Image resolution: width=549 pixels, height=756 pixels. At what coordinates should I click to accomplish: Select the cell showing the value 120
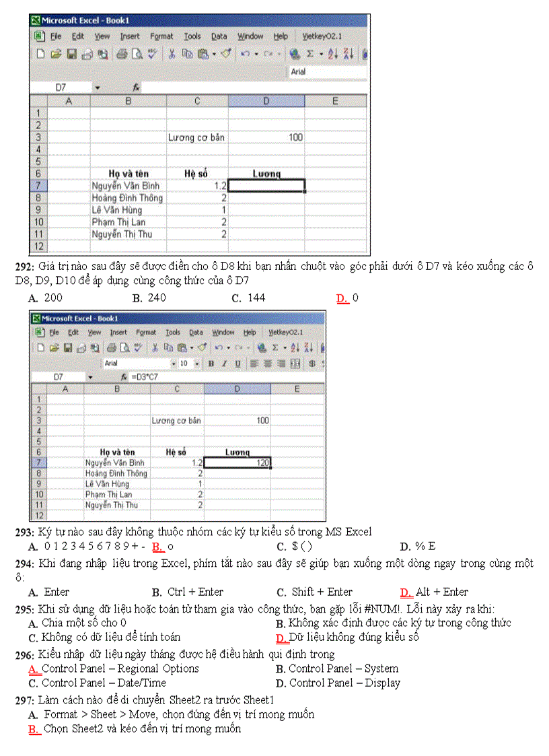pos(236,462)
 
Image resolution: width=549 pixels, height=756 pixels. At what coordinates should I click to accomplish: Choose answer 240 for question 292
pos(155,298)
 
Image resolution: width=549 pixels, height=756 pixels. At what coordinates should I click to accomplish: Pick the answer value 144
pos(256,298)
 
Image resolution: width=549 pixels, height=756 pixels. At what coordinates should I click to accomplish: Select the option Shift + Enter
pos(322,592)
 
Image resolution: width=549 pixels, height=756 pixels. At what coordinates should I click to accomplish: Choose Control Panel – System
pos(343,668)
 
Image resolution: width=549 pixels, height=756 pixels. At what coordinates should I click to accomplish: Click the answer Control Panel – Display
pos(344,683)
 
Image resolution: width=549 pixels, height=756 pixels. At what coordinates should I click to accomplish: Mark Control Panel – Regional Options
pos(120,668)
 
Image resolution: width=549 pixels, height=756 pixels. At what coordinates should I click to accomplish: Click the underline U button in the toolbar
pos(237,364)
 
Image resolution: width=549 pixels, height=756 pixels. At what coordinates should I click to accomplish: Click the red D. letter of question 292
pos(342,298)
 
